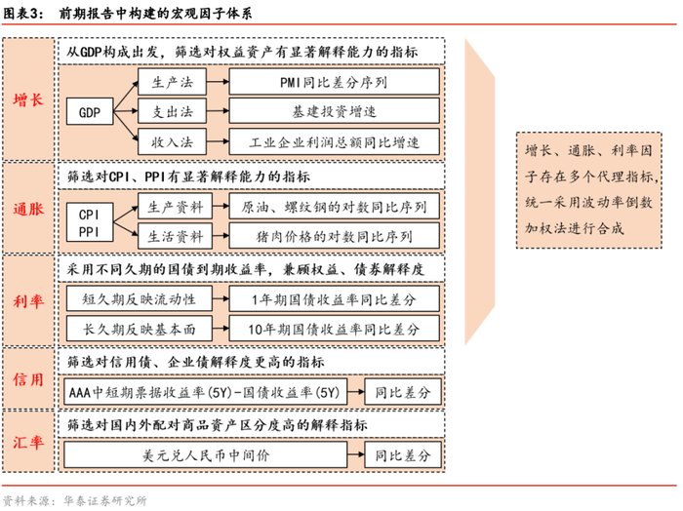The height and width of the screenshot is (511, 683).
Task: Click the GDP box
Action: click(x=90, y=112)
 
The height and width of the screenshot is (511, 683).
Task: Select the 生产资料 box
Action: click(x=175, y=207)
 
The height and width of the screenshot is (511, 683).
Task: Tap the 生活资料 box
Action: click(x=175, y=237)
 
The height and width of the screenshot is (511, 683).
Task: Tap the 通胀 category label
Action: click(x=28, y=209)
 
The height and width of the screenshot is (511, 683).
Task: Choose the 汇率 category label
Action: click(x=28, y=441)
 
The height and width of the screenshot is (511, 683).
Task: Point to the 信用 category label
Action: click(x=28, y=379)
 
